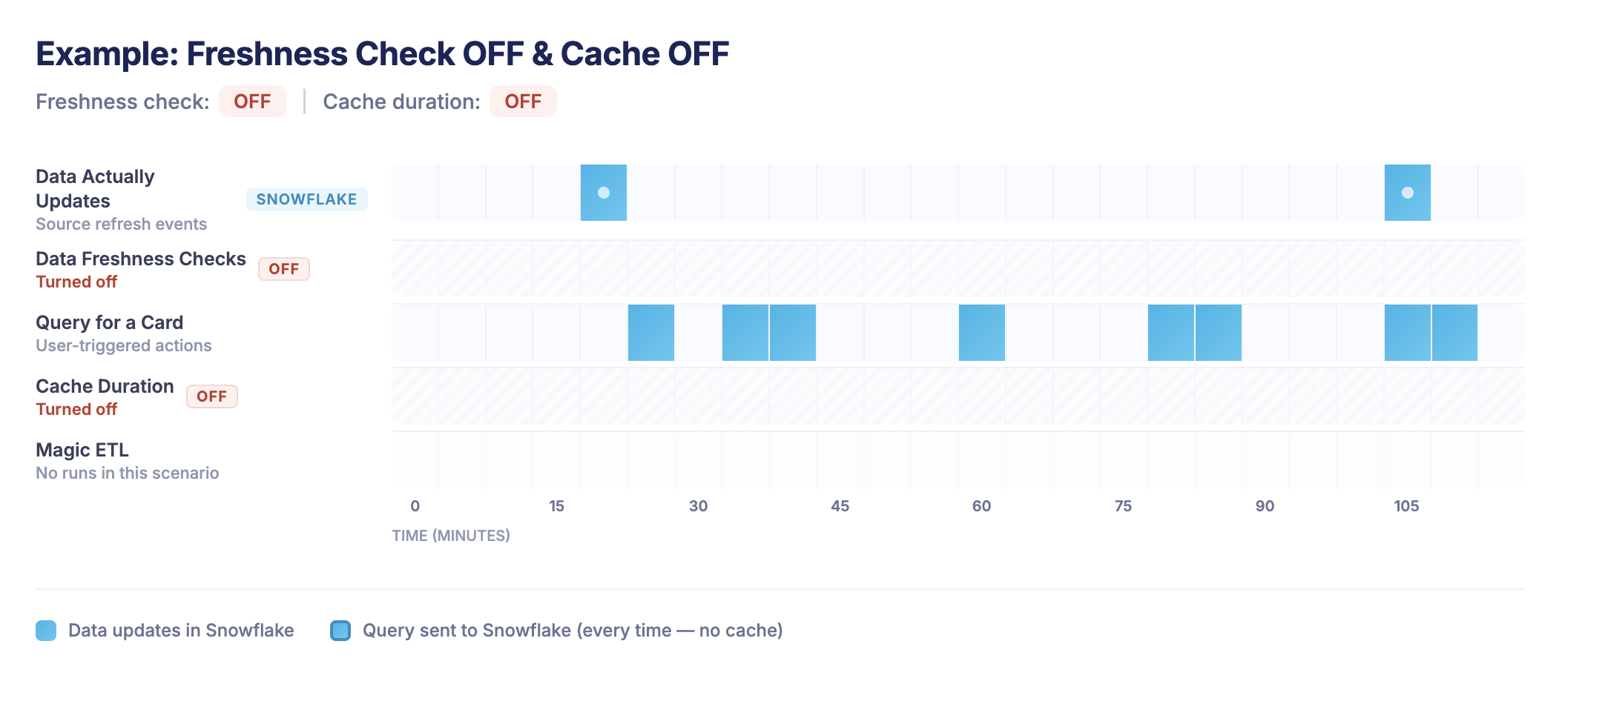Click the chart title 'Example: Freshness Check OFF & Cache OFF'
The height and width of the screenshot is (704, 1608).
[x=382, y=54]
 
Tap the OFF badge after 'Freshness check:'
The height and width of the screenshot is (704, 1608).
[x=252, y=102]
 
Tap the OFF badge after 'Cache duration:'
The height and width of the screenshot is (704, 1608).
[x=523, y=102]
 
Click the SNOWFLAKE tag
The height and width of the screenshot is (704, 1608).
[x=306, y=199]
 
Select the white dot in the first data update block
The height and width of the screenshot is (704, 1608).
[x=604, y=193]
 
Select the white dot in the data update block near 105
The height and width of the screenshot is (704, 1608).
[x=1408, y=193]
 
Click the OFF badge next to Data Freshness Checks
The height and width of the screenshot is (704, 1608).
[x=283, y=269]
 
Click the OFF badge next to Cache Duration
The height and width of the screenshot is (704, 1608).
[x=211, y=396]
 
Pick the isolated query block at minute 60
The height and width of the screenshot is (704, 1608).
[x=981, y=333]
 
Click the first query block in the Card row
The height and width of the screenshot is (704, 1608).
[x=651, y=333]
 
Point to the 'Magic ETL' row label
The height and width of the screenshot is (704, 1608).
[x=82, y=450]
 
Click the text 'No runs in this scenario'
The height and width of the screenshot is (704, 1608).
[x=128, y=473]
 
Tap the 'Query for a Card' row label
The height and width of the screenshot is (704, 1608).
[x=110, y=322]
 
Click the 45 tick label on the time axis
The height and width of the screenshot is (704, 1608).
[x=840, y=506]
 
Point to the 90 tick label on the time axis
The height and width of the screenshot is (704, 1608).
[x=1265, y=506]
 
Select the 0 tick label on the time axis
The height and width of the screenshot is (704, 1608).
[x=415, y=506]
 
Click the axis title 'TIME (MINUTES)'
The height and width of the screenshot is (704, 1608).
[x=451, y=535]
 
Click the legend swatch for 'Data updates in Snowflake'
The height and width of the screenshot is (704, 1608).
[x=46, y=631]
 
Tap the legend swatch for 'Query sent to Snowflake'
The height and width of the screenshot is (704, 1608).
[x=340, y=631]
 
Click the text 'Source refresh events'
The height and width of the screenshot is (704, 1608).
[x=122, y=224]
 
